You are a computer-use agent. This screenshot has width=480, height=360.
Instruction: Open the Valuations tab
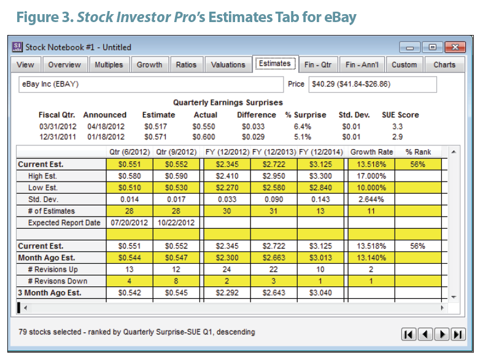point(228,64)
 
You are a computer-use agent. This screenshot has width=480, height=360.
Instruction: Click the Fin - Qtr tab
point(318,64)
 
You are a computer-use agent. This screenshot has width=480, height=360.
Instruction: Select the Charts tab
point(444,64)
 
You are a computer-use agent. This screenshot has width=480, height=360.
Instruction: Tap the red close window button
point(455,47)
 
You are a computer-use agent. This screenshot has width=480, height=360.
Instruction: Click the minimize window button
point(410,47)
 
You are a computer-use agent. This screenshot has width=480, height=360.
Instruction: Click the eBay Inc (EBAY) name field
point(151,84)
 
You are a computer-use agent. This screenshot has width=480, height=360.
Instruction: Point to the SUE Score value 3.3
point(397,126)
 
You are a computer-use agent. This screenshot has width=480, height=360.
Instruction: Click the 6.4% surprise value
point(303,126)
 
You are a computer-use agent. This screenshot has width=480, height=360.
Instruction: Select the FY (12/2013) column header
point(274,151)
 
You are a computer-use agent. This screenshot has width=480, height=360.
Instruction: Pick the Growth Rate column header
point(371,151)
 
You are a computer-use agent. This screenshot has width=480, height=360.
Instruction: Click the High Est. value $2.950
point(274,176)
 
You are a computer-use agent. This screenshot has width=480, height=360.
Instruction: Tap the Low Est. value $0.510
point(130,188)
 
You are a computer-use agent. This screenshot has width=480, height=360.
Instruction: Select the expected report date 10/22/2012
point(176,223)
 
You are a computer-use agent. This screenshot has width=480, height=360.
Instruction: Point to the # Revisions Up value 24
point(227,269)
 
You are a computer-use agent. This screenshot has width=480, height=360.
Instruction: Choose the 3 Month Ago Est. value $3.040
point(320,293)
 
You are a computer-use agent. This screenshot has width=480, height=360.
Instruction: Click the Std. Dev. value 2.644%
point(371,199)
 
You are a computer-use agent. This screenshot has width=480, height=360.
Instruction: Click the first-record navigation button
point(409,334)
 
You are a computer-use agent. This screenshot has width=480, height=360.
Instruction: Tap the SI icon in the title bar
point(17,47)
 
